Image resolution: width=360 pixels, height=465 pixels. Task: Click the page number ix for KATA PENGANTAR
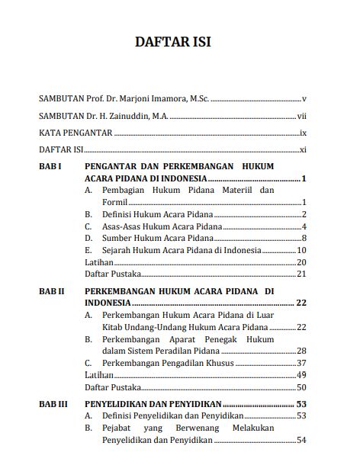pyautogui.click(x=302, y=133)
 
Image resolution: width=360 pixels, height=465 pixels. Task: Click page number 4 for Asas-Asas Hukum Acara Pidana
pyautogui.click(x=304, y=226)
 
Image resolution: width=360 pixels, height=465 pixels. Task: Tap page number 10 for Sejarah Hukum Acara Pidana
pyautogui.click(x=301, y=251)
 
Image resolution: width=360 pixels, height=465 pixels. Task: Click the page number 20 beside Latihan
pyautogui.click(x=301, y=262)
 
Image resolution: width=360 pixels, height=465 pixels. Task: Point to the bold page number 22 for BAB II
pyautogui.click(x=301, y=303)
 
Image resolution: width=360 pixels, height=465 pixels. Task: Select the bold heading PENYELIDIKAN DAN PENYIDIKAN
pyautogui.click(x=153, y=404)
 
